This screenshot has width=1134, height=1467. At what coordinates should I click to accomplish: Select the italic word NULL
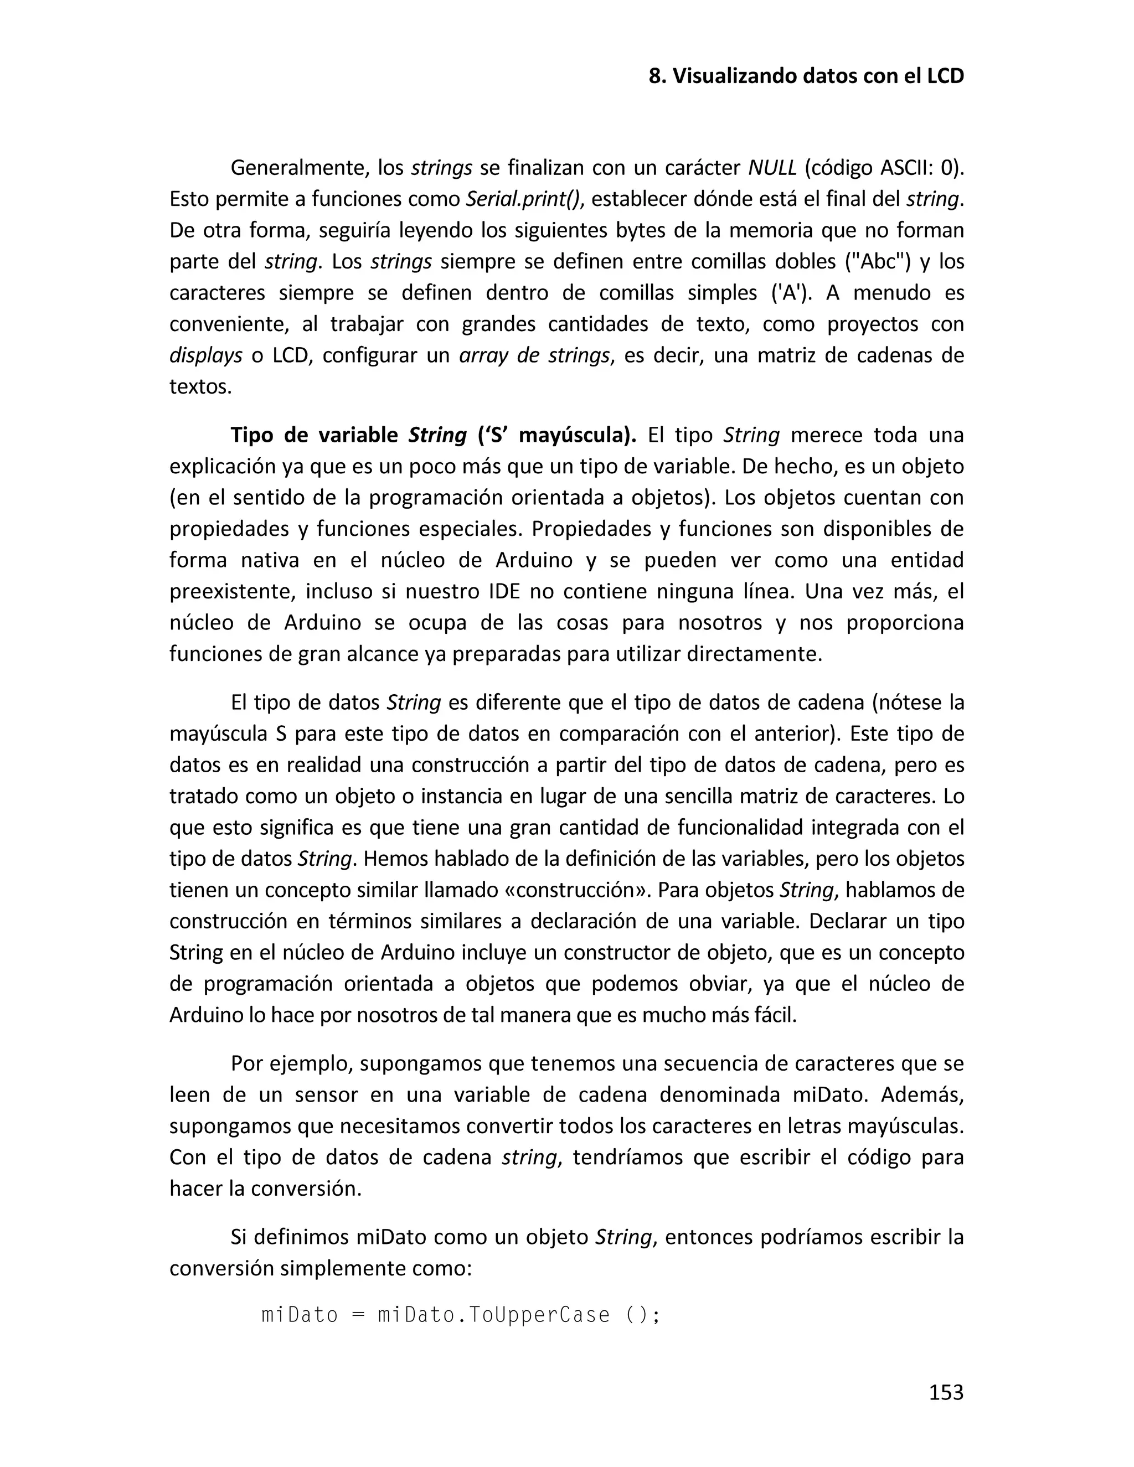(772, 167)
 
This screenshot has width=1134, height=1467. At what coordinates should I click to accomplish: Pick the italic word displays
(205, 355)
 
